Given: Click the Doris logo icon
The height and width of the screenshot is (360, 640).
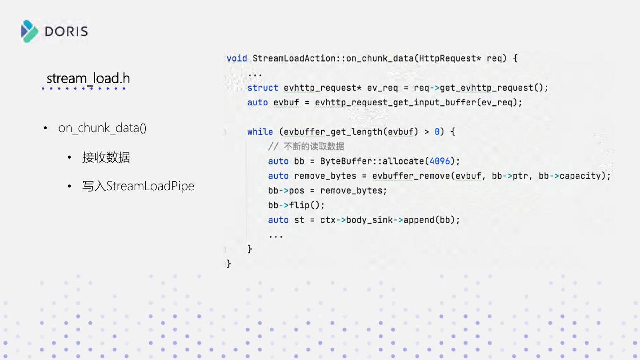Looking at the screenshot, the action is [30, 31].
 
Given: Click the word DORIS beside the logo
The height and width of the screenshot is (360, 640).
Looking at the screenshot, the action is [66, 32].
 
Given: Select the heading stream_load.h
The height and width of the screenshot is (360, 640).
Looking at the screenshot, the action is [88, 79].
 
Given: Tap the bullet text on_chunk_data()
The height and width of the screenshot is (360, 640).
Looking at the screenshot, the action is [102, 128].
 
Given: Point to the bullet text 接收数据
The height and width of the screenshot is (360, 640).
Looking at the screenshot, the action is [106, 157].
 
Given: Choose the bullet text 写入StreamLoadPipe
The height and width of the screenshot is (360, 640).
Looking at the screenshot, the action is [138, 186].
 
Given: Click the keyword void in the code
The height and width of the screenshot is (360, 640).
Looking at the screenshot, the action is [237, 58].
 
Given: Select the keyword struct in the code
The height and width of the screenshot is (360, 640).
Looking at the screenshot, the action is [263, 88].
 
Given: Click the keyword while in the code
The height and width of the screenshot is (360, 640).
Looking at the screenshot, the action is [260, 132].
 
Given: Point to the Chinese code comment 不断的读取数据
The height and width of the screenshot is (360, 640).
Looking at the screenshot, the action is [314, 146].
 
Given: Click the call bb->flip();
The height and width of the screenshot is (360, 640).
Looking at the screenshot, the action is [296, 205].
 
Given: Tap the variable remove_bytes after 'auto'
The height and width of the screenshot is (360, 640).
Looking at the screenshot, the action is [325, 176].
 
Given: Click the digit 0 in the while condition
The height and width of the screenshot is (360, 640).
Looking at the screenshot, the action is [437, 132].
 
